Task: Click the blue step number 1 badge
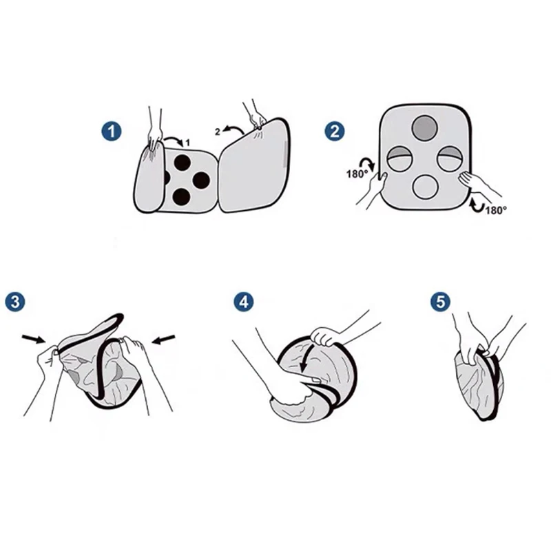point(112,132)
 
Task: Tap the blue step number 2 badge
point(334,131)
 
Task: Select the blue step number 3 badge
point(15,302)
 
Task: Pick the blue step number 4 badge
point(244,302)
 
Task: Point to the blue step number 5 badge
point(441,302)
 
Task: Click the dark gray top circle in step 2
point(424,127)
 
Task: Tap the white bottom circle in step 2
point(426,187)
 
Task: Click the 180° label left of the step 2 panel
point(357,174)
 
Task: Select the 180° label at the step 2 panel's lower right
point(496,210)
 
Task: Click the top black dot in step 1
point(183,163)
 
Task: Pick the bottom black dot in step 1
point(181,197)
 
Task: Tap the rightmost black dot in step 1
point(201,180)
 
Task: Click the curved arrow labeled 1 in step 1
point(173,140)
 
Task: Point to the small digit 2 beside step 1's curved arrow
point(218,132)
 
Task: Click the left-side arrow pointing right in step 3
point(33,339)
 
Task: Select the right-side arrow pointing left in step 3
point(163,340)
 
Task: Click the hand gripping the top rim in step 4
point(326,336)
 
